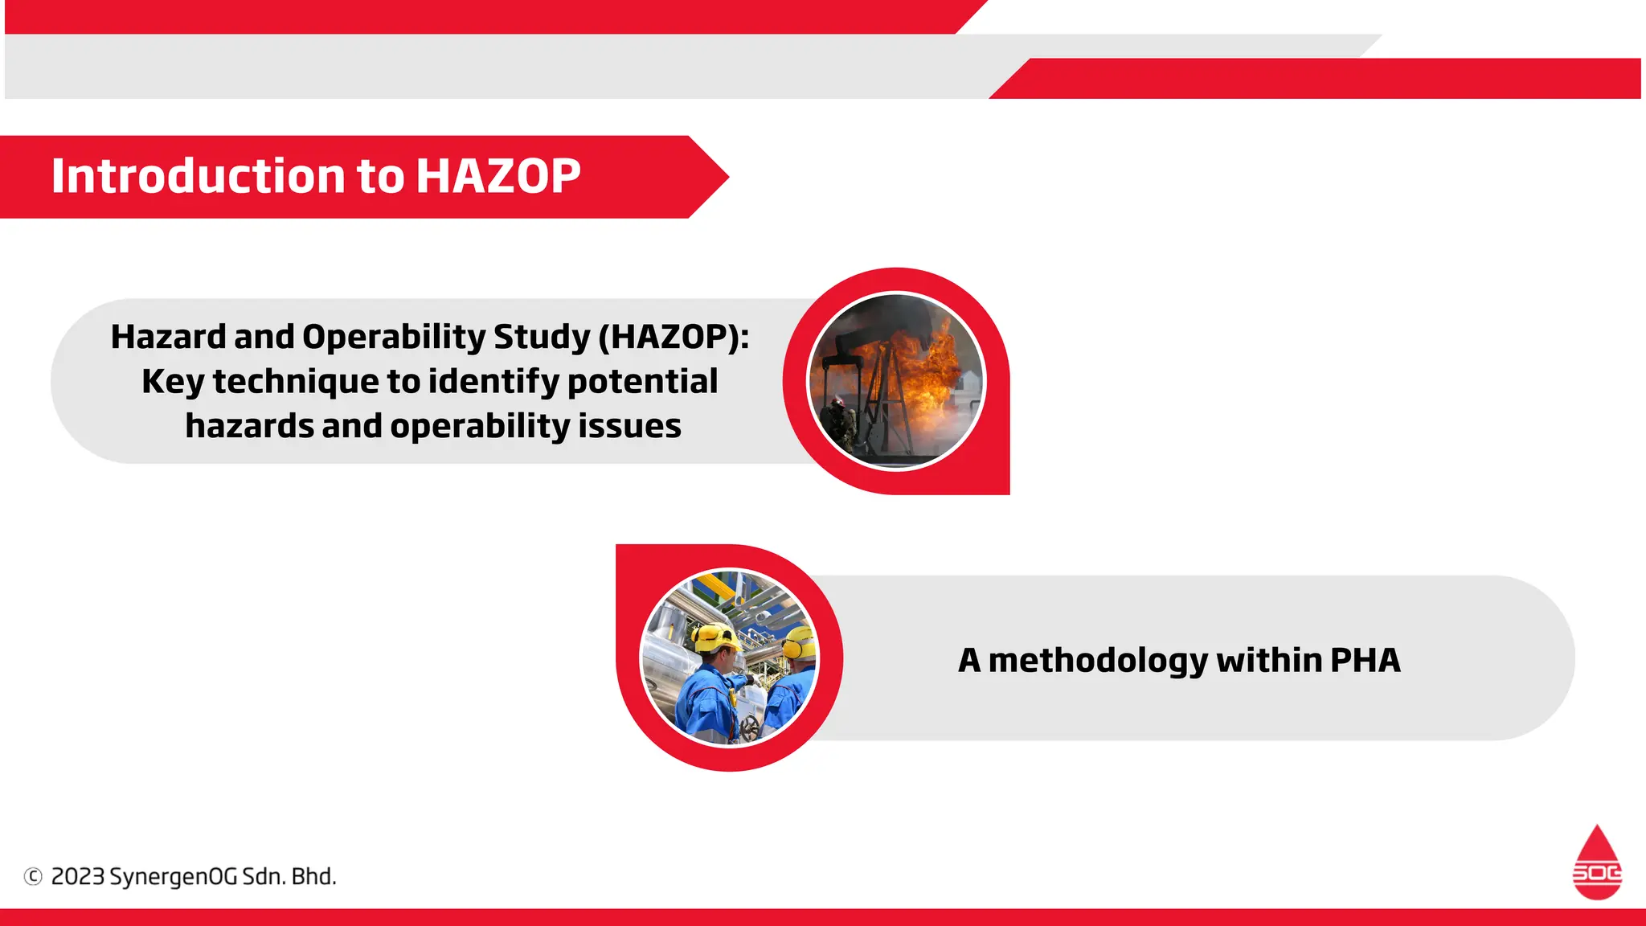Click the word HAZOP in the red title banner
click(x=497, y=176)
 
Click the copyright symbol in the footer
click(x=33, y=876)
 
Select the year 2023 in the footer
click(x=78, y=876)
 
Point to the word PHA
click(x=1365, y=660)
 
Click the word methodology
click(x=1098, y=660)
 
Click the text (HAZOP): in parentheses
click(x=674, y=337)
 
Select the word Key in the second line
click(x=172, y=382)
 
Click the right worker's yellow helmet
click(x=799, y=642)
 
